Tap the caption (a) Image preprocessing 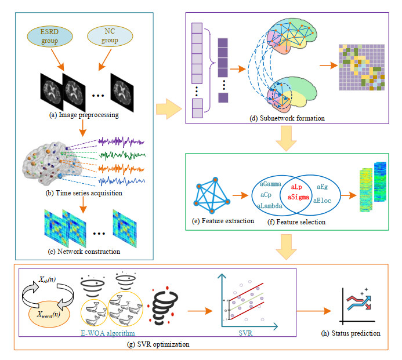pos(85,115)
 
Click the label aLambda pos(269,205)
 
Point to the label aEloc pos(323,200)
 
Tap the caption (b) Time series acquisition pos(84,193)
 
